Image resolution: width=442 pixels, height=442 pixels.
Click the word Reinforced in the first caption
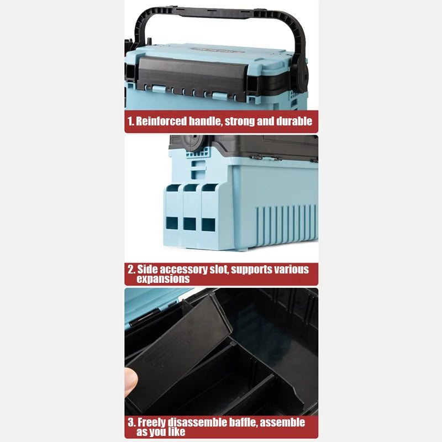pyautogui.click(x=161, y=121)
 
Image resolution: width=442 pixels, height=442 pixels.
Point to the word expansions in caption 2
pyautogui.click(x=163, y=279)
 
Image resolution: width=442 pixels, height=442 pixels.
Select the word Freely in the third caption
pyautogui.click(x=151, y=423)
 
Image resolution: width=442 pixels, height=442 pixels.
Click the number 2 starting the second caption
pyautogui.click(x=131, y=270)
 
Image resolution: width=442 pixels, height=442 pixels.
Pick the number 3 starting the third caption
pyautogui.click(x=131, y=422)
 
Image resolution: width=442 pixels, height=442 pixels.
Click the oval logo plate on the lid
pyautogui.click(x=218, y=50)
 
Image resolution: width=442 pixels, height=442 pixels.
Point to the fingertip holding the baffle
pyautogui.click(x=131, y=382)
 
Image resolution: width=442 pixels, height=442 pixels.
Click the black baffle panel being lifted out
pyautogui.click(x=178, y=352)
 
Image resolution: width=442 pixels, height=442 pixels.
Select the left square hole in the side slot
pyautogui.click(x=172, y=223)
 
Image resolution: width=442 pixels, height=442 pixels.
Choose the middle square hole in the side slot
pyautogui.click(x=190, y=224)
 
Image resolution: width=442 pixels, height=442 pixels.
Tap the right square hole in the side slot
pyautogui.click(x=208, y=225)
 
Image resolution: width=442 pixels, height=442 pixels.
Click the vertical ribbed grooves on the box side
pyautogui.click(x=286, y=224)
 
